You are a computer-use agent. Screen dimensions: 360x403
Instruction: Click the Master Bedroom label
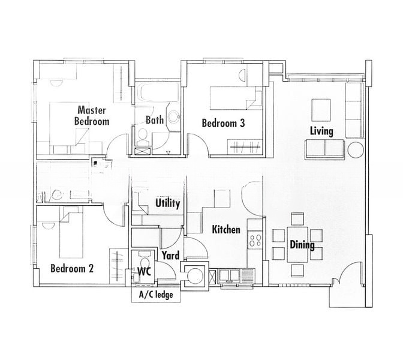[x=91, y=115]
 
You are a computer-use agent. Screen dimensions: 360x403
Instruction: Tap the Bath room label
[x=155, y=120]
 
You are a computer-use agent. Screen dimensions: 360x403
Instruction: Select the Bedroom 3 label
[x=223, y=124]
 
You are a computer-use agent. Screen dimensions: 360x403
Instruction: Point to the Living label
[x=321, y=131]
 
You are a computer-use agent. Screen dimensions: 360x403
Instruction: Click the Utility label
[x=167, y=203]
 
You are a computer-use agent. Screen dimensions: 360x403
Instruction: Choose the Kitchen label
[x=226, y=230]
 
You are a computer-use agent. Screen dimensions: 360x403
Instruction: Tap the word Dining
[x=302, y=245]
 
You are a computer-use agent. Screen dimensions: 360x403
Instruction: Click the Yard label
[x=170, y=256]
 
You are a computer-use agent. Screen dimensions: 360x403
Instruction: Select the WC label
[x=143, y=271]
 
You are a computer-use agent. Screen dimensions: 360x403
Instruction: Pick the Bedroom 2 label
[x=72, y=268]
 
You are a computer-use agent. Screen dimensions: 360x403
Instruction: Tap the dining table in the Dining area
[x=297, y=244]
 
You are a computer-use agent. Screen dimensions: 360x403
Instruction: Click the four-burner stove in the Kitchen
[x=255, y=240]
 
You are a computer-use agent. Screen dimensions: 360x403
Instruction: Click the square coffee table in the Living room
[x=321, y=109]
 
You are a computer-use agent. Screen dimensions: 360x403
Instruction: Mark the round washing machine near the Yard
[x=195, y=275]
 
